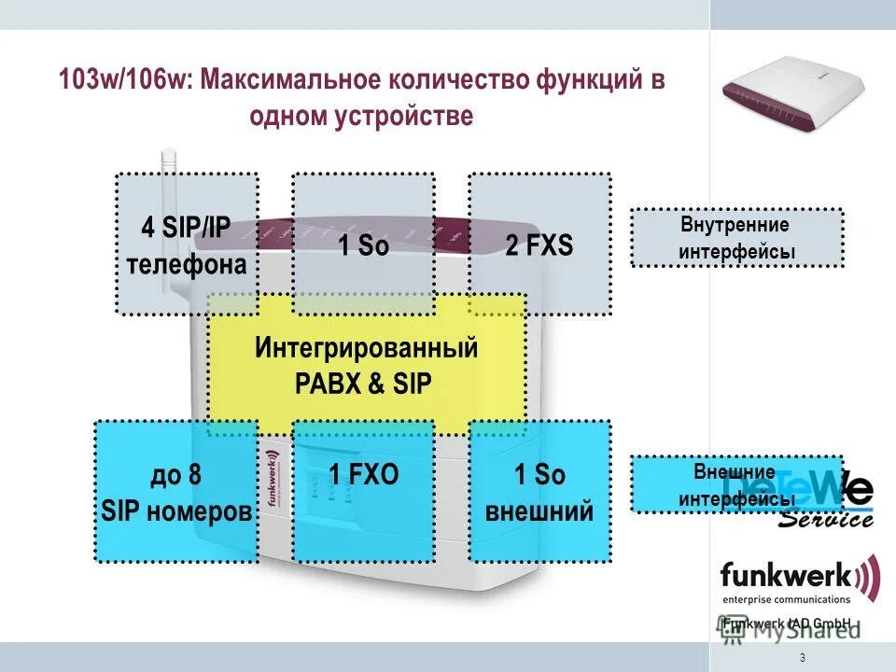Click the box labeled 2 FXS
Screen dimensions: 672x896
539,245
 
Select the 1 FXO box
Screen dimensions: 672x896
363,491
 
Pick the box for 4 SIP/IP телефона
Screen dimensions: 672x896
187,245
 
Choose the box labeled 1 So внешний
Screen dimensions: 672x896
539,491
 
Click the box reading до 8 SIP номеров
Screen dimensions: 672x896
176,491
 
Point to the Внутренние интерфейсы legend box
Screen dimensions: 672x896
736,238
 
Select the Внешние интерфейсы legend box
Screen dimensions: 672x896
736,484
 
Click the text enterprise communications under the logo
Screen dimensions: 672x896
785,599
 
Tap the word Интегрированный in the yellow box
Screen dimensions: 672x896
366,349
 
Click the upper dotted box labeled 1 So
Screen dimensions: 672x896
363,245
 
